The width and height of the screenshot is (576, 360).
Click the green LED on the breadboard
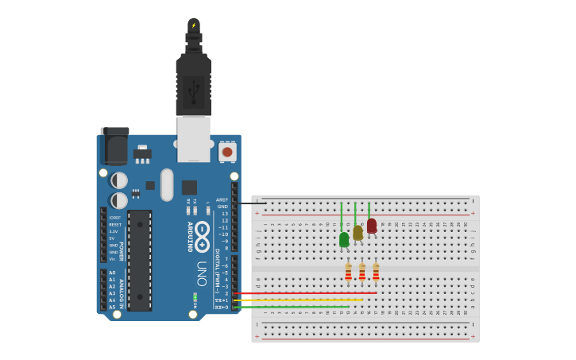344,239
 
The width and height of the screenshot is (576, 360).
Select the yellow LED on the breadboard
358,233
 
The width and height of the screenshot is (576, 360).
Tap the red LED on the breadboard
372,226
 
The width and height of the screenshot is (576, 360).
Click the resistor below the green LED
348,273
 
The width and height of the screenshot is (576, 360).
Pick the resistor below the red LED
376,273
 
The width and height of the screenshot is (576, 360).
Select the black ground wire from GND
250,203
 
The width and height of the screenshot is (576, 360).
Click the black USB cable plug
193,86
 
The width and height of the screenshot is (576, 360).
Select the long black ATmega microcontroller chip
139,260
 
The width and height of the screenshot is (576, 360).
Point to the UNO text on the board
202,273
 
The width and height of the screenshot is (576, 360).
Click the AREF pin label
222,200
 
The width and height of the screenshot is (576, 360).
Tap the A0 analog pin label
112,273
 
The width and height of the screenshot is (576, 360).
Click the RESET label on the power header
115,224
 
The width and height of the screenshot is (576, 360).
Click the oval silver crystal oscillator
167,184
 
